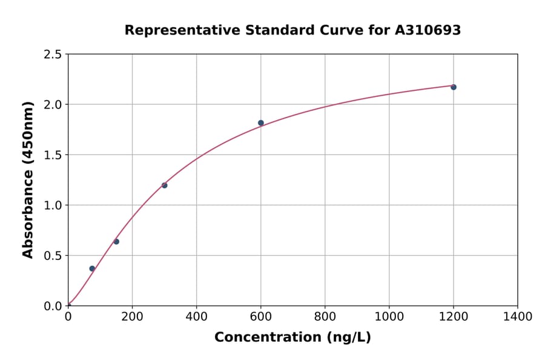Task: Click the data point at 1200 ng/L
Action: [453, 87]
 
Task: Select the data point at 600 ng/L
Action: [261, 123]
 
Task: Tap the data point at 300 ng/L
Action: [165, 185]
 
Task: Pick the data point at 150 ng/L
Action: [116, 242]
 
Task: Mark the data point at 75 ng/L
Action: [92, 268]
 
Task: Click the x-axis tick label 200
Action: [132, 317]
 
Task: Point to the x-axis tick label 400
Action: [196, 317]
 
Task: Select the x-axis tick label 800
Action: [325, 317]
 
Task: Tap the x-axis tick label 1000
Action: [389, 317]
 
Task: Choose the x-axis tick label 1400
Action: [517, 317]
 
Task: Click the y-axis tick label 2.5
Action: [53, 55]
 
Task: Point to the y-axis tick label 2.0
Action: [53, 105]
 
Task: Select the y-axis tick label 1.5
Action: [53, 155]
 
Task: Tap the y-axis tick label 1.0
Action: [53, 205]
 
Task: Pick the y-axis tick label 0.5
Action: [53, 256]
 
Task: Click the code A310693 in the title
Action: [428, 30]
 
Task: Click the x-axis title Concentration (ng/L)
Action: [292, 338]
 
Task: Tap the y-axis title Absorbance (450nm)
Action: [28, 180]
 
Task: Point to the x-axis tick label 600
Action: [260, 317]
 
